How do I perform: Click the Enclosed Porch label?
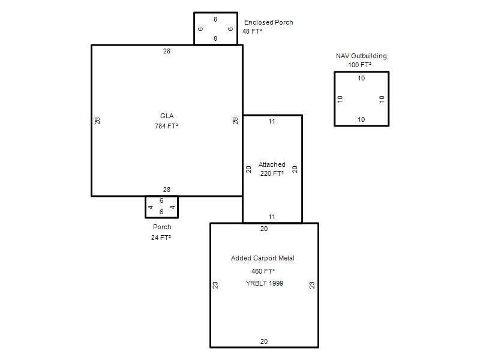[x=268, y=22]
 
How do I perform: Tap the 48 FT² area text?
[x=252, y=31]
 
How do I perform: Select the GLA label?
[x=167, y=116]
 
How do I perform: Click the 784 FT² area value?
[x=167, y=126]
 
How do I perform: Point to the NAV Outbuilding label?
[x=361, y=56]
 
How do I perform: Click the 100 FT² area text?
[x=359, y=65]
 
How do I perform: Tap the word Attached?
[x=272, y=164]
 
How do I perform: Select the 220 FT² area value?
[x=272, y=173]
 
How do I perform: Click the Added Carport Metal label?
[x=263, y=258]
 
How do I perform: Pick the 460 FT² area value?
[x=263, y=271]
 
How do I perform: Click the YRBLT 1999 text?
[x=265, y=283]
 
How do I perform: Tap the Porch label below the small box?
[x=162, y=227]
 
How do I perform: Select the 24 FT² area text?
[x=161, y=238]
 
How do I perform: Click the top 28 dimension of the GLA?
[x=167, y=51]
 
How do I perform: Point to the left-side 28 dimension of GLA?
[x=97, y=121]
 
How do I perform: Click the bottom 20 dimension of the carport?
[x=264, y=341]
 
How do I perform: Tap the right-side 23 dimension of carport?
[x=311, y=285]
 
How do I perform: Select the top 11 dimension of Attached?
[x=272, y=122]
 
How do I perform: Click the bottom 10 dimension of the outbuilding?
[x=361, y=119]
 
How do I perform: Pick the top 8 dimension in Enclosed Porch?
[x=215, y=19]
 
